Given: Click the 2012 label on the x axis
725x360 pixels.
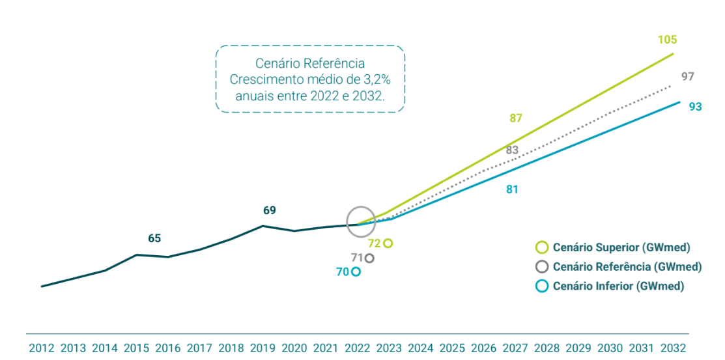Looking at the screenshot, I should click(42, 348).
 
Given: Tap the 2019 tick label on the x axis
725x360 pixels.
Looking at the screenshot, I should click(263, 348).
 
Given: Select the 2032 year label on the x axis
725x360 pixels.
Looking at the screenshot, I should click(674, 348).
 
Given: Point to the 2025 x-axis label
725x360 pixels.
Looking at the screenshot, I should click(453, 348).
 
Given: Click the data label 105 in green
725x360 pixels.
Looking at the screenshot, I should click(667, 40).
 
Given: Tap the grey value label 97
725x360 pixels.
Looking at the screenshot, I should click(687, 76).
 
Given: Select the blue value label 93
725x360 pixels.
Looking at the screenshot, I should click(695, 107).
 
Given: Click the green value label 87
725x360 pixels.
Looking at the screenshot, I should click(516, 118).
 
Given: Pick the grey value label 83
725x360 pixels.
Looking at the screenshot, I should click(512, 150).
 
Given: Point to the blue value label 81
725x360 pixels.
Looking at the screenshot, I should click(512, 189).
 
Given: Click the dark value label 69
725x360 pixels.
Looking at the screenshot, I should click(269, 210).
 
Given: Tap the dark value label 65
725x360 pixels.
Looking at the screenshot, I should click(154, 238).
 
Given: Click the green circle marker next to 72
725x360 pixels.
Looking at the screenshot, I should click(388, 243).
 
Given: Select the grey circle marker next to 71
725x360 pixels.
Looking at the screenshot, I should click(369, 258).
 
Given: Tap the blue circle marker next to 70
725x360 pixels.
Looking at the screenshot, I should click(356, 272).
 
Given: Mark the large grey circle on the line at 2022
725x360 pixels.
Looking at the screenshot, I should click(360, 221).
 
